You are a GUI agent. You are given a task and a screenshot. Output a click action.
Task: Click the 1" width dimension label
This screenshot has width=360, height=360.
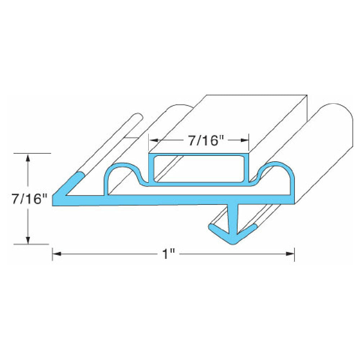click(167, 254)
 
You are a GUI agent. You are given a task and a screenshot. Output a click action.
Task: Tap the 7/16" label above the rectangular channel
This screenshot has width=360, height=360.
click(203, 140)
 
